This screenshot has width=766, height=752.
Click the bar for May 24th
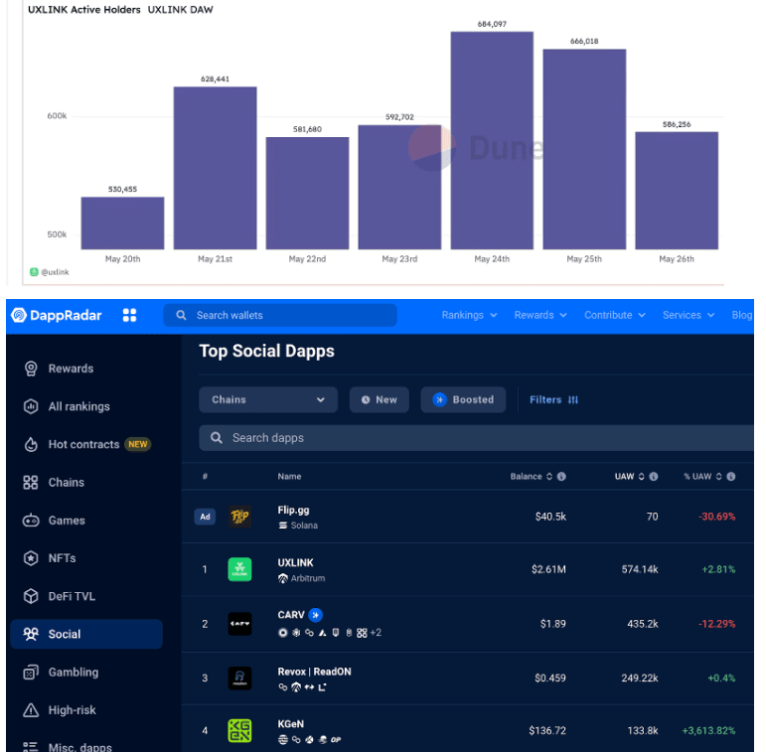click(x=492, y=140)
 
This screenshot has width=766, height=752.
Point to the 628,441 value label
click(x=215, y=78)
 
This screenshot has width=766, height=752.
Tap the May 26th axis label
click(x=678, y=259)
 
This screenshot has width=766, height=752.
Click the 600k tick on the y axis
click(x=57, y=116)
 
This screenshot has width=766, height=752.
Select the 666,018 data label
click(x=584, y=41)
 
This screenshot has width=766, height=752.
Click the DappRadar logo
click(x=57, y=315)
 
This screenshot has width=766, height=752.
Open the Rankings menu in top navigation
click(x=469, y=315)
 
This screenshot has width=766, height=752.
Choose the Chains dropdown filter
click(x=268, y=399)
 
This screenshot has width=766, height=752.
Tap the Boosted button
click(x=463, y=399)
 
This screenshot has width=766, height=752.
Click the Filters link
click(x=553, y=399)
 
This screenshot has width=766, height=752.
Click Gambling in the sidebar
click(x=74, y=673)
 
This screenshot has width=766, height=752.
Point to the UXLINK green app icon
click(x=239, y=570)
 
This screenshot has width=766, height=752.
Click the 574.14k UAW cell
click(x=636, y=569)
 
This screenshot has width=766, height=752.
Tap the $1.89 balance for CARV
click(x=552, y=624)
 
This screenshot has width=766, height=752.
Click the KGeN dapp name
click(x=291, y=725)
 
